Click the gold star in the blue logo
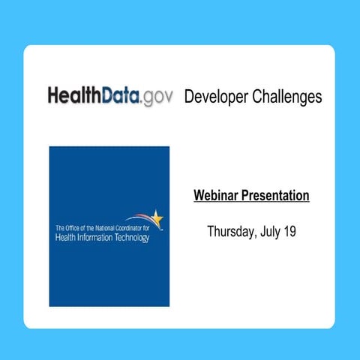pos(157,218)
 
